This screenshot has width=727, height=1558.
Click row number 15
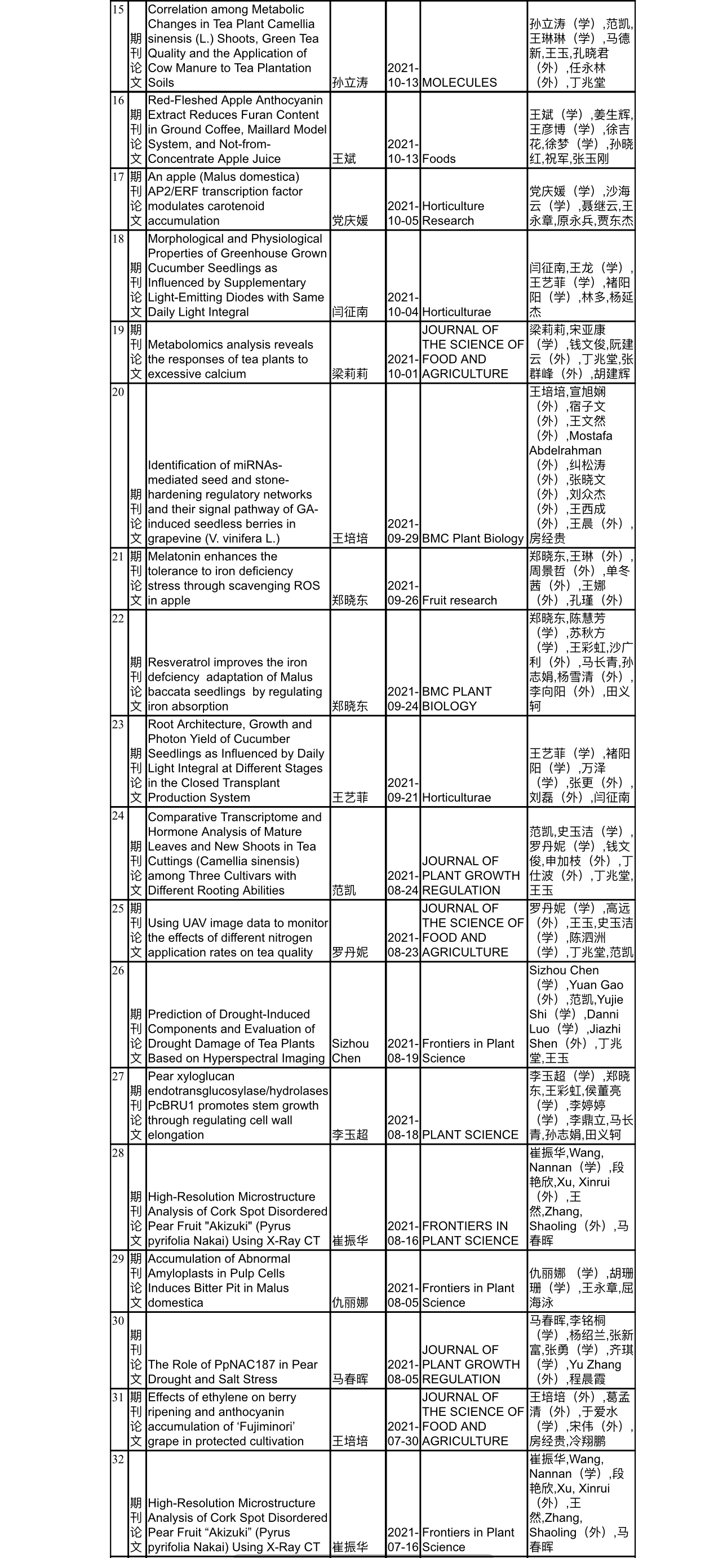118,10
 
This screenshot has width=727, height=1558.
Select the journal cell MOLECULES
459,82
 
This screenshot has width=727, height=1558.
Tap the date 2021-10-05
403,213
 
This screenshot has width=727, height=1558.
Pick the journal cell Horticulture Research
453,213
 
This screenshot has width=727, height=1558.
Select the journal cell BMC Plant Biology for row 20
472,538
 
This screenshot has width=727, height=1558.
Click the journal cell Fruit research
459,600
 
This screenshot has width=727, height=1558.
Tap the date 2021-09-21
403,790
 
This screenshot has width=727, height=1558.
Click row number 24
118,815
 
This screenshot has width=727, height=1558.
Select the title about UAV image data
237,937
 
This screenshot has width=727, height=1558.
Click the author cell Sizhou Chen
350,1051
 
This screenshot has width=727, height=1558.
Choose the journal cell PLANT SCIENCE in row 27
470,1135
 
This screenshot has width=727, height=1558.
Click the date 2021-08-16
403,1233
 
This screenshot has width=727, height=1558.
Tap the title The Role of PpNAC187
232,1372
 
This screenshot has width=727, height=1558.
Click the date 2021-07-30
403,1433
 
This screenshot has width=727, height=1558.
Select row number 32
118,1459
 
